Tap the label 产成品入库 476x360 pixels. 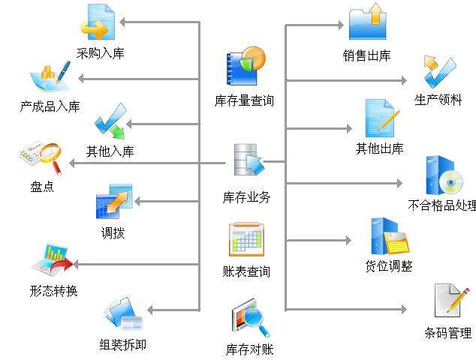50,106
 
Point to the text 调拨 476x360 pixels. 113,232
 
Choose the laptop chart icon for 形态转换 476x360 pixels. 51,261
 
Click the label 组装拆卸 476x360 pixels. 122,344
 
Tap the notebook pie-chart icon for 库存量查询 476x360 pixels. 246,66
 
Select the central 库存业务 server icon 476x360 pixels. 246,162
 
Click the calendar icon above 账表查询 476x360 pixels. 246,239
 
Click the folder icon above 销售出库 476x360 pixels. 367,22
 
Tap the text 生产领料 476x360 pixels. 438,100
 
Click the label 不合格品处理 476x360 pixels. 441,204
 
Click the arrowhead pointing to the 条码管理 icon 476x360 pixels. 402,309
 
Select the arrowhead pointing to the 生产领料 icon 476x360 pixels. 402,81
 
